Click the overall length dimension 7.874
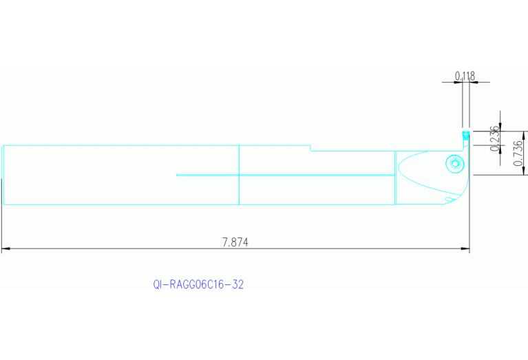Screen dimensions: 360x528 [235, 242]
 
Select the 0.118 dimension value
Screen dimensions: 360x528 [465, 76]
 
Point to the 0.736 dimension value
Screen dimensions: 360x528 [518, 152]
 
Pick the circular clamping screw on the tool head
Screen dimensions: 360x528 [454, 164]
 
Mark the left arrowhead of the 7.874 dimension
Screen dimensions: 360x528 [5, 249]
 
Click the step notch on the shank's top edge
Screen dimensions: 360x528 [310, 148]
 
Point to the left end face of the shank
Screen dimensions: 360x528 [3, 175]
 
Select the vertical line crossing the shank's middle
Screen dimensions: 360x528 [238, 175]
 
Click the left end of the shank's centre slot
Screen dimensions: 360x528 [177, 175]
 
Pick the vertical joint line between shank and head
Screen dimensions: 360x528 [395, 178]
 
